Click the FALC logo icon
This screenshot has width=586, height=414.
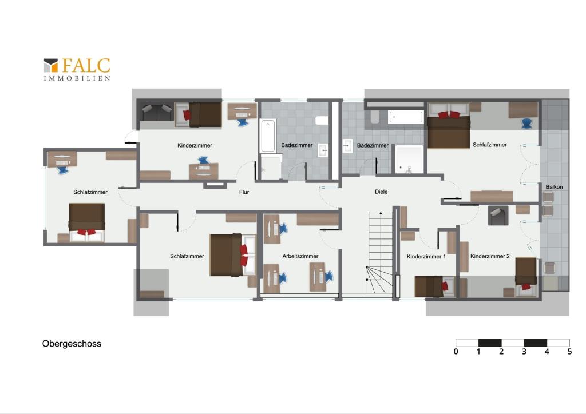[x=51, y=65]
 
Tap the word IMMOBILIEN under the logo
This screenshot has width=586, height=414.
[x=77, y=78]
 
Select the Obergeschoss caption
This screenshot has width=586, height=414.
[x=72, y=344]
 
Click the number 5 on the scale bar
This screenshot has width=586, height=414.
[x=569, y=351]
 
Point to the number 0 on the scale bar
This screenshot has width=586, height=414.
[x=456, y=351]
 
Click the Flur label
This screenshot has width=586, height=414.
[x=244, y=192]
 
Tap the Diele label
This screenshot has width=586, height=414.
[x=381, y=192]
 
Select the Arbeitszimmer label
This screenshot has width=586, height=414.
[x=300, y=256]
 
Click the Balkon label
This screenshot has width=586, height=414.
[x=554, y=186]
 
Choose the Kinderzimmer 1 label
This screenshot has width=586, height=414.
[x=426, y=257]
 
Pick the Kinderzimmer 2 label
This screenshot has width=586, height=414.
[x=490, y=256]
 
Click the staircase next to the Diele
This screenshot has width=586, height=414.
[x=379, y=252]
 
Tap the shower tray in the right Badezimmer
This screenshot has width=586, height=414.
[x=410, y=160]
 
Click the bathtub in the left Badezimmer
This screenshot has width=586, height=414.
[x=268, y=136]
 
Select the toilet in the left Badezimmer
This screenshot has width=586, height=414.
[x=322, y=120]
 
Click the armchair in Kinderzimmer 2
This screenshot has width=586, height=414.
[x=498, y=216]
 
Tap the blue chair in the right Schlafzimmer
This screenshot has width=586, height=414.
[x=526, y=123]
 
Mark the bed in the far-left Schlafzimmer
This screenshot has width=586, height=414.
[x=87, y=222]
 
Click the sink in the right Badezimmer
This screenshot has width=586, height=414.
[x=347, y=146]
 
